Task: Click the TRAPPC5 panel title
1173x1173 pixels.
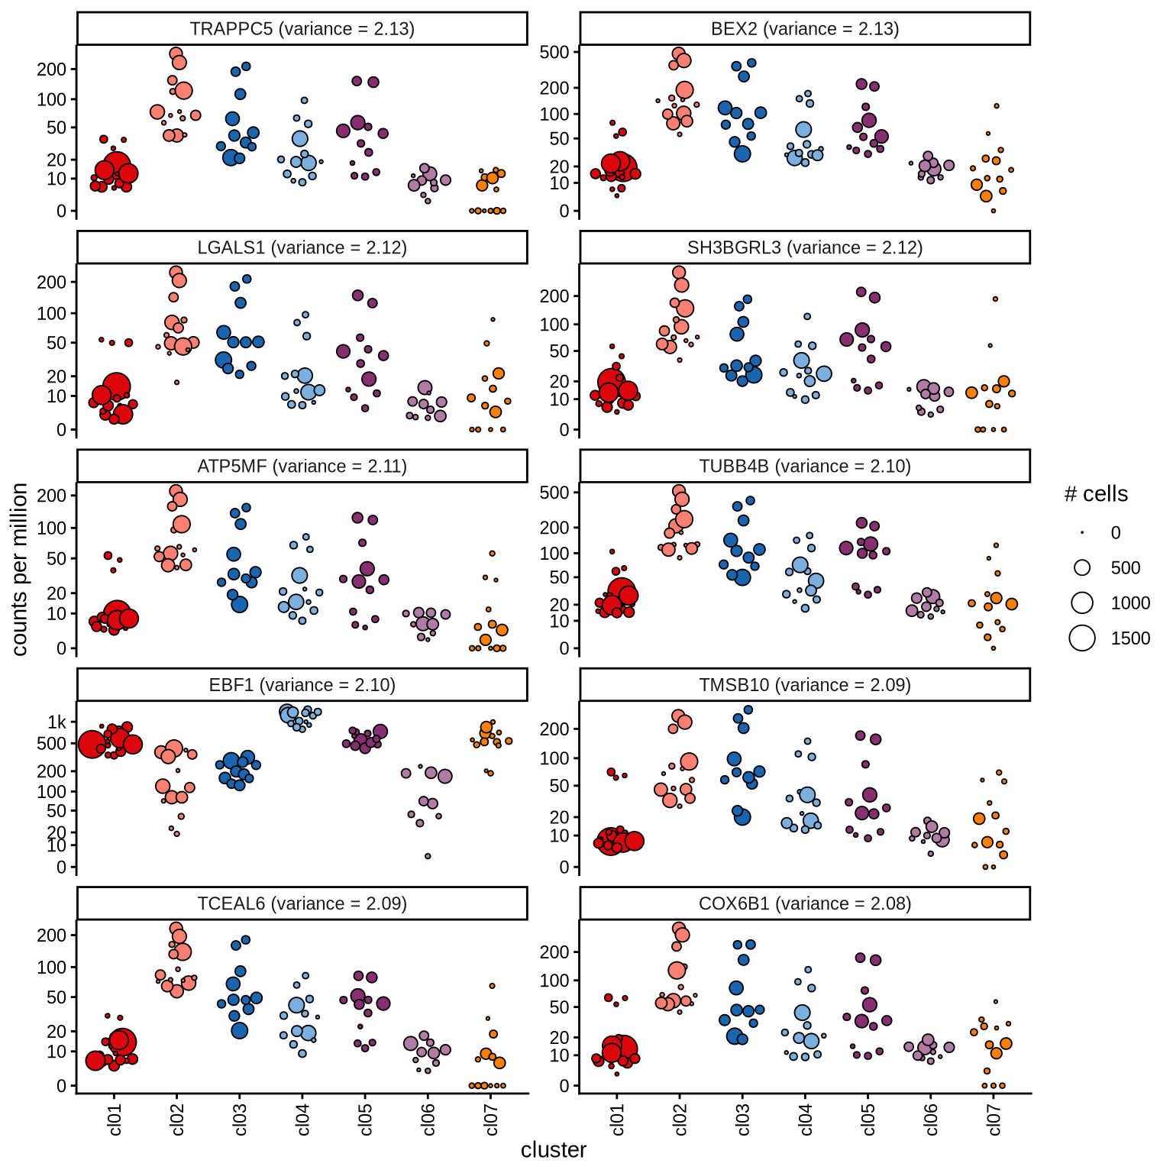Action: [302, 29]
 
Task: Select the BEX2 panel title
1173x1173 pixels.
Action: [804, 29]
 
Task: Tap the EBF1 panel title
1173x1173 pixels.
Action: [302, 685]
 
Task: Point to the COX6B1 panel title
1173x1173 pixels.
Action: [804, 904]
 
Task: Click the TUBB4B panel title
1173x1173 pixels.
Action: [804, 467]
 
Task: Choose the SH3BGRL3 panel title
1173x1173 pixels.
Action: [804, 248]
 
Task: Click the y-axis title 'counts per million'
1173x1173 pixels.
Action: [20, 569]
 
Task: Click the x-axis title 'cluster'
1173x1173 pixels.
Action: [554, 1150]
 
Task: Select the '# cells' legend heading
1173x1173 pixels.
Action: [1096, 494]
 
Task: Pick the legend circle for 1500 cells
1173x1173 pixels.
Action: [1082, 638]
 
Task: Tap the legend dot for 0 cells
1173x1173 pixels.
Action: [1082, 532]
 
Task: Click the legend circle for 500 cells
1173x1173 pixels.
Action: [1082, 567]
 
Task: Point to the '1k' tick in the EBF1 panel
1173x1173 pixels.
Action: [57, 722]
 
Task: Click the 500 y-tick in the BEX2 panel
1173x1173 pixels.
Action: [554, 52]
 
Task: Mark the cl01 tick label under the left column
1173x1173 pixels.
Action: [115, 1120]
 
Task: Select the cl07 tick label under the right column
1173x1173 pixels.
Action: [994, 1120]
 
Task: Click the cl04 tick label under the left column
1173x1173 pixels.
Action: [302, 1120]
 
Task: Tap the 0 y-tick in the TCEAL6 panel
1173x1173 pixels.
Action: [61, 1086]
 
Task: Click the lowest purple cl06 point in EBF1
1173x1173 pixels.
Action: [428, 856]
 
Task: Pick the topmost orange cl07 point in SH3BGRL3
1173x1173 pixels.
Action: [995, 299]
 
